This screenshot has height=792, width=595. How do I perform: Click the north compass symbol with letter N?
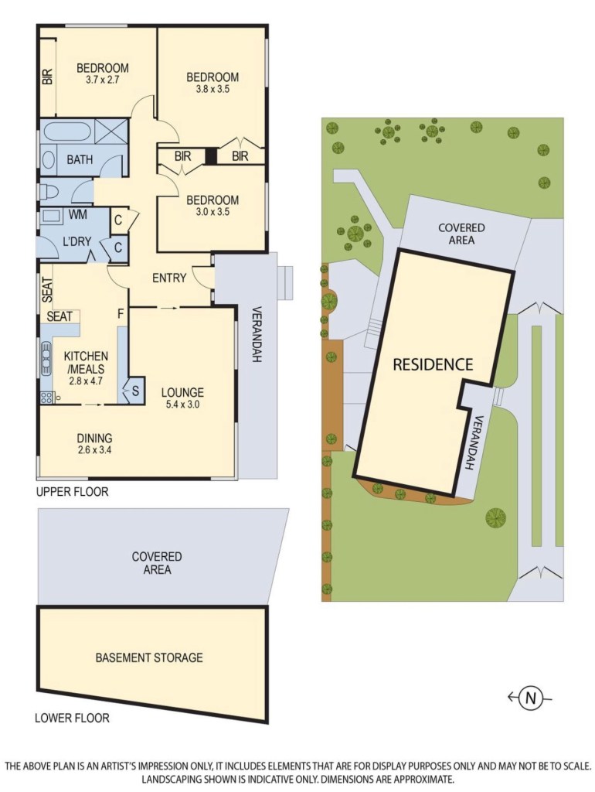530,698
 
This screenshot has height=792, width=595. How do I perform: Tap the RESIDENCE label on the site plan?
433,364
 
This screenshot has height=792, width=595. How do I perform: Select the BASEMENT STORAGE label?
149,657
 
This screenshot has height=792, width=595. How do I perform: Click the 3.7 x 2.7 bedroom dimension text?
103,80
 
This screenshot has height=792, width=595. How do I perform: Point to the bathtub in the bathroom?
68,131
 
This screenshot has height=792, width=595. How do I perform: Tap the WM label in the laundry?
78,215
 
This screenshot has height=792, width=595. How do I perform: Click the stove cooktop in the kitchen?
46,397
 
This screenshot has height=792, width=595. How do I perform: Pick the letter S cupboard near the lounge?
135,391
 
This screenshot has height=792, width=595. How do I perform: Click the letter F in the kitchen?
121,314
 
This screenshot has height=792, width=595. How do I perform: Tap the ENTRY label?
169,278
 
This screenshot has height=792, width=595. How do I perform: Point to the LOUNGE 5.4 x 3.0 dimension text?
182,404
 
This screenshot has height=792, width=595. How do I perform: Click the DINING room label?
94,438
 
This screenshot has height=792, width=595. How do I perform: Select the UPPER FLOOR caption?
72,491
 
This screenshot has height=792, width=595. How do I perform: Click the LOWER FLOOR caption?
72,717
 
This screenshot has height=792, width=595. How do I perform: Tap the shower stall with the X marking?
110,131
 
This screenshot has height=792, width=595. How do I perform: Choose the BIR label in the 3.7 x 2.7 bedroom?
47,77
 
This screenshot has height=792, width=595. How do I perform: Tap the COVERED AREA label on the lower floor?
156,563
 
